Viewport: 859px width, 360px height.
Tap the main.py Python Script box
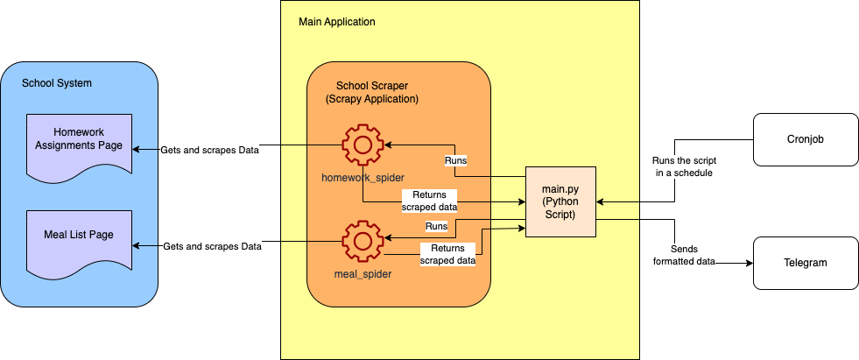click(560, 201)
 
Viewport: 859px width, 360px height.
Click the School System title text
click(57, 83)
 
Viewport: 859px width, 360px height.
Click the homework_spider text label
click(363, 178)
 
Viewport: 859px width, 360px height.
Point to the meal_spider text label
click(361, 274)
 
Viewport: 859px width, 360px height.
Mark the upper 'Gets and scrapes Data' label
click(210, 150)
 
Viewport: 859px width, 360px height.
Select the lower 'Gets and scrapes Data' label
click(212, 247)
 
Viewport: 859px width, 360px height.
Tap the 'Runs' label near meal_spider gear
click(436, 226)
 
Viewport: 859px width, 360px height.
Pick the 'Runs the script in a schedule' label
click(683, 167)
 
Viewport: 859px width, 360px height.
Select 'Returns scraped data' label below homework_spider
click(429, 201)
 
